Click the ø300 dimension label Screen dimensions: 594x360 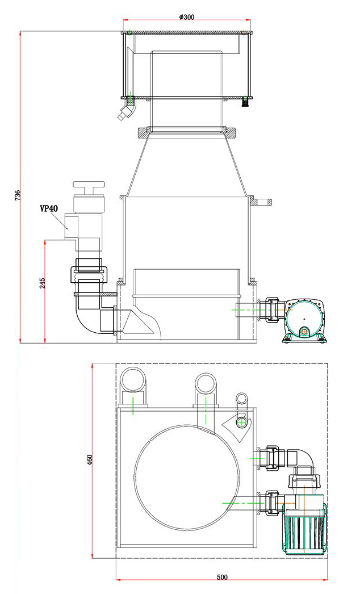click(x=187, y=17)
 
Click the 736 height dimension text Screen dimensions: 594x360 click(x=17, y=196)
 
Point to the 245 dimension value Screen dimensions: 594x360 click(x=43, y=283)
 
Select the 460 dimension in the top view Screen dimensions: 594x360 click(x=89, y=459)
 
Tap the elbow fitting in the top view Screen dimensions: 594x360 click(x=300, y=459)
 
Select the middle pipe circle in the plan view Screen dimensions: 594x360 click(x=205, y=385)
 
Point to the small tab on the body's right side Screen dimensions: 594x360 click(x=263, y=201)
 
